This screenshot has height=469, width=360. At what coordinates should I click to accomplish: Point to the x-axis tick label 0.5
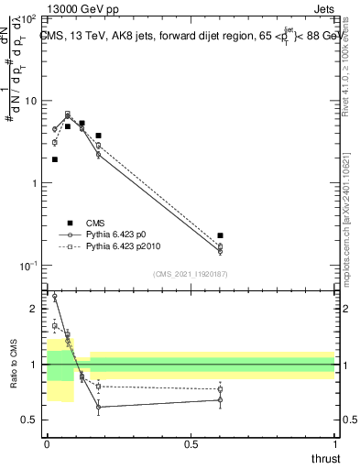click(x=191, y=443)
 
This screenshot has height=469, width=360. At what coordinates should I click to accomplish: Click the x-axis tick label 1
click(x=334, y=443)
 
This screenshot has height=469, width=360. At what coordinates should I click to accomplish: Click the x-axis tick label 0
click(x=47, y=443)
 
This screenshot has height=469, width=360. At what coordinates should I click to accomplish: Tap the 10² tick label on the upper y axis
click(x=29, y=19)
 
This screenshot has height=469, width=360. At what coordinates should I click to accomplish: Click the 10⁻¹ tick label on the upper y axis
click(x=28, y=266)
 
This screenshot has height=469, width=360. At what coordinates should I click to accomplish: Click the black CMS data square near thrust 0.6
click(x=220, y=235)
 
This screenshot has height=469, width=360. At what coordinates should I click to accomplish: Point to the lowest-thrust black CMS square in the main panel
click(x=55, y=159)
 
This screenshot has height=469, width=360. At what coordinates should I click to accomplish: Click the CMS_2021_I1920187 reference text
click(x=190, y=274)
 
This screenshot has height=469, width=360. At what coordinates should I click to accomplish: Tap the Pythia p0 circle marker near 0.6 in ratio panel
click(x=220, y=399)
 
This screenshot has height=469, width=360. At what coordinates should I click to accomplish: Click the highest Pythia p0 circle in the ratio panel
click(x=55, y=297)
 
